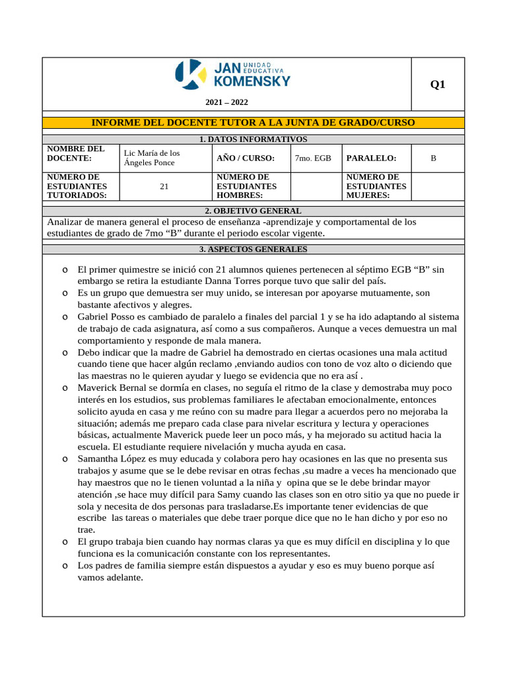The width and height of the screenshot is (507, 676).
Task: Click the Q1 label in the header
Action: [x=438, y=84]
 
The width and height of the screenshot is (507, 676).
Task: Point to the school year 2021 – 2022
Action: [x=227, y=102]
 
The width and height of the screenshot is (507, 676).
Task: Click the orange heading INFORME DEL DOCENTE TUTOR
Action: [x=253, y=122]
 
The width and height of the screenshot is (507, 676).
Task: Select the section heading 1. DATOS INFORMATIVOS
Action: [x=253, y=139]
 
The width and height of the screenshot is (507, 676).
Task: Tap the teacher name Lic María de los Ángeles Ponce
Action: [x=152, y=158]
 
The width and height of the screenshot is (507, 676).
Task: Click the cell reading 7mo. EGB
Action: [x=313, y=158]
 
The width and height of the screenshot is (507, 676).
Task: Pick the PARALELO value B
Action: [x=433, y=158]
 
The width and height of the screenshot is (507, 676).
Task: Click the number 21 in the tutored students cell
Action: [x=164, y=187]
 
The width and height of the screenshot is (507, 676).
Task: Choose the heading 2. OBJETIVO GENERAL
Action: [x=253, y=211]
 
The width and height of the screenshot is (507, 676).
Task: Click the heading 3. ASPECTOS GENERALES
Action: [x=253, y=250]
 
